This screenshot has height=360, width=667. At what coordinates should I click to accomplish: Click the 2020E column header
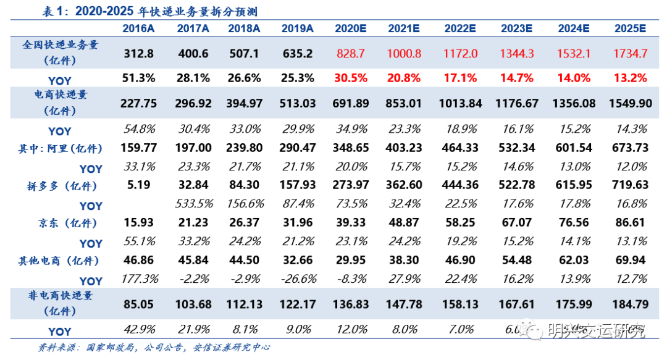[x=351, y=28]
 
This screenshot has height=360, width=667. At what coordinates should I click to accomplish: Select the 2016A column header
[x=139, y=28]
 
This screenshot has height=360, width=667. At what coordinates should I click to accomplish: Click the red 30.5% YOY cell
[x=351, y=78]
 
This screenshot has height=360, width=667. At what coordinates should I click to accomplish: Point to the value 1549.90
[x=630, y=103]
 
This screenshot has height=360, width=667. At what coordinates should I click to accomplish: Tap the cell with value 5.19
[x=139, y=185]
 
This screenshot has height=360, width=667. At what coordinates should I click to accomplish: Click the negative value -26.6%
[x=298, y=279]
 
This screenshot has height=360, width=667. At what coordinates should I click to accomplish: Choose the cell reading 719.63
[x=630, y=185]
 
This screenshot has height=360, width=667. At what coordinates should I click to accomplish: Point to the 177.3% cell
[x=139, y=279]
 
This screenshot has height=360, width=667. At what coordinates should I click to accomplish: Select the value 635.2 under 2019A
[x=298, y=53]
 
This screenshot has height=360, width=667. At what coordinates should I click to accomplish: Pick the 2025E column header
[x=630, y=28]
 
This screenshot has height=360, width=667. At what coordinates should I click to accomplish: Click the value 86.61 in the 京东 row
[x=630, y=223]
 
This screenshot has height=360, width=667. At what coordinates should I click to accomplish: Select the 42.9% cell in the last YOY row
[x=139, y=330]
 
